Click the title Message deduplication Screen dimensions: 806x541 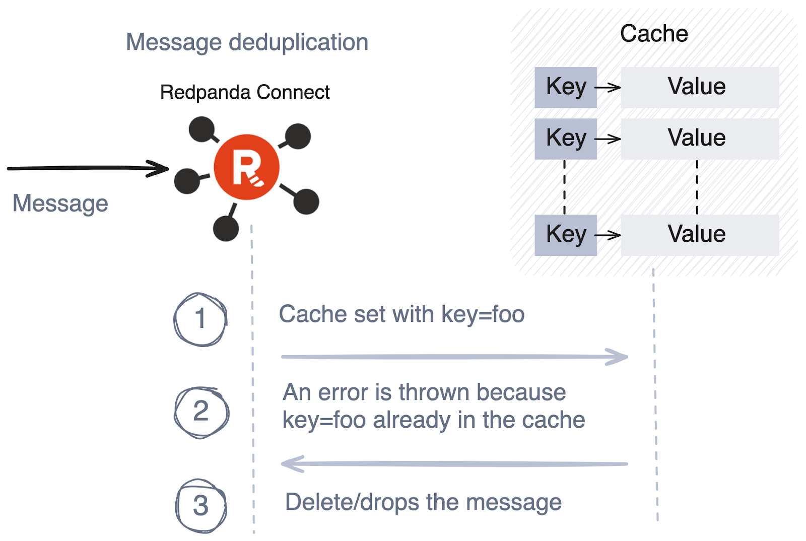247,43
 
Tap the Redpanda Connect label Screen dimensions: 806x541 245,92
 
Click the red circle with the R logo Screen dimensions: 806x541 246,167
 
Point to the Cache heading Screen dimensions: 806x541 654,33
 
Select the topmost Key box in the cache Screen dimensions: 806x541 566,88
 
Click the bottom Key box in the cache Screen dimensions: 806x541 566,235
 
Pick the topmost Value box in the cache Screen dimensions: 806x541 700,88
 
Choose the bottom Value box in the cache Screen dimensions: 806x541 700,235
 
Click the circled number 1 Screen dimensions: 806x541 200,319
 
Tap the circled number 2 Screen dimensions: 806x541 201,412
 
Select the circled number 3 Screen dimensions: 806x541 201,506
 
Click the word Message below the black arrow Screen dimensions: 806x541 60,204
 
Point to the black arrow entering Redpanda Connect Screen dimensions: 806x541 88,168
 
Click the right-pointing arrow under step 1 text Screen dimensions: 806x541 455,357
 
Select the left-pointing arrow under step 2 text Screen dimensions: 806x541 454,463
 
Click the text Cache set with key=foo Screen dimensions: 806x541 401,314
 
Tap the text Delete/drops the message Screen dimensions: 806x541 423,502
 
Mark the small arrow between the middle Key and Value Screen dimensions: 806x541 608,139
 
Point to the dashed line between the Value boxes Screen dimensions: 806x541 697,187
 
